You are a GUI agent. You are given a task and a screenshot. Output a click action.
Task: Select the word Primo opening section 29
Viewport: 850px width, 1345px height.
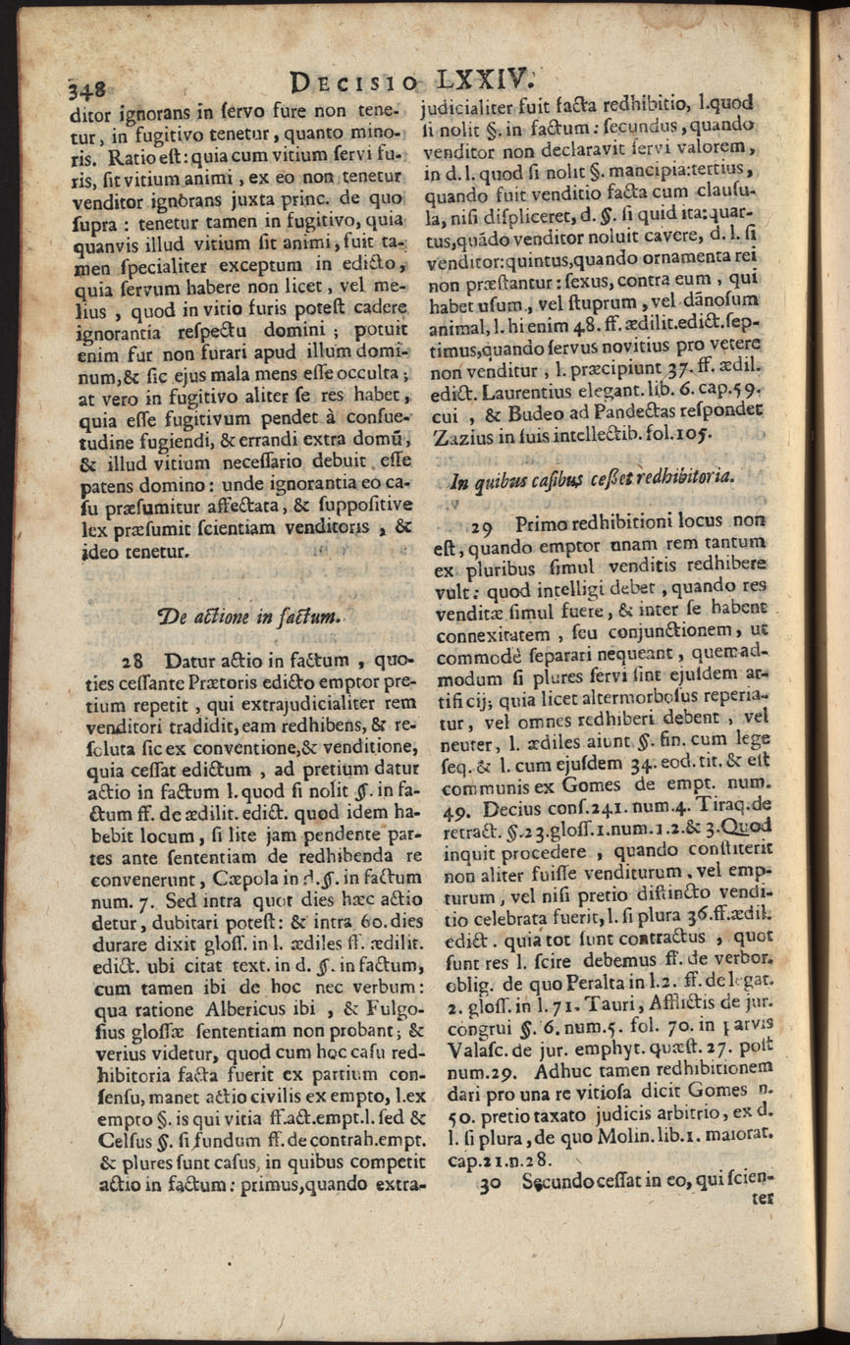[545, 527]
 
